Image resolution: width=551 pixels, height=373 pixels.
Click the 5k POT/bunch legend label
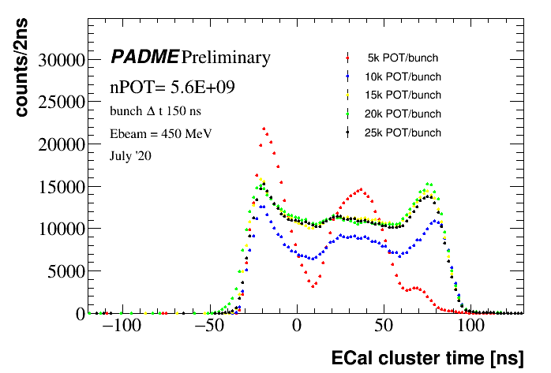point(403,58)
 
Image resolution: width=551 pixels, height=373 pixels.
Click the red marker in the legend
point(348,58)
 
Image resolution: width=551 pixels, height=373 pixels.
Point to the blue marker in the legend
point(348,77)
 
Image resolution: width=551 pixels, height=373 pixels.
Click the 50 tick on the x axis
point(384,326)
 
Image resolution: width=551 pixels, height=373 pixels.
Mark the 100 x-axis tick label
point(471,326)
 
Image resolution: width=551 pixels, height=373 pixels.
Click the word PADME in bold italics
point(144,58)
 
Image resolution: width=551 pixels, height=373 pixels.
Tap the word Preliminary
point(226,58)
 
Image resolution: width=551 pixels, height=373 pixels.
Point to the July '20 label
point(130,156)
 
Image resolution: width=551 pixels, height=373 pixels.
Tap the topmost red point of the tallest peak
point(264,129)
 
